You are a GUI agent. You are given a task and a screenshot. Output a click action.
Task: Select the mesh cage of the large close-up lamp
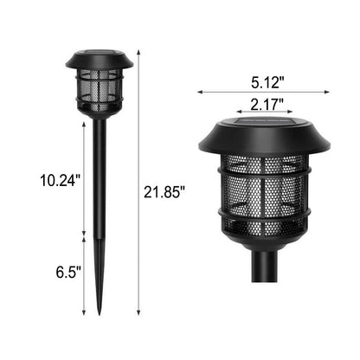click(265, 194)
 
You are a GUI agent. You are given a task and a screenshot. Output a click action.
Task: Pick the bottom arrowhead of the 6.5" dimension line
click(84, 313)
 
